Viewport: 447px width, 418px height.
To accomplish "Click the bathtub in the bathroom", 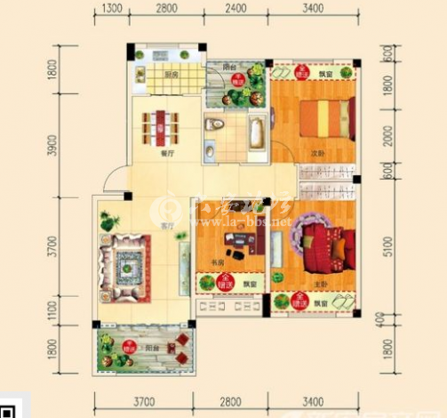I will (255, 134).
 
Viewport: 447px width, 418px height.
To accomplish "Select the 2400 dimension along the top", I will (235, 10).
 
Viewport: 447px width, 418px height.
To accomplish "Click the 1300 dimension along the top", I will (111, 10).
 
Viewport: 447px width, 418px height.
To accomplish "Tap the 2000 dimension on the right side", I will (386, 138).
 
